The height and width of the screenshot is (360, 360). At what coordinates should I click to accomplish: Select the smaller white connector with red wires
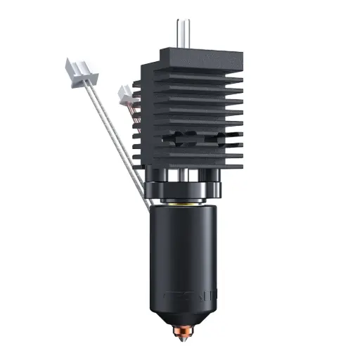(125, 92)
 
